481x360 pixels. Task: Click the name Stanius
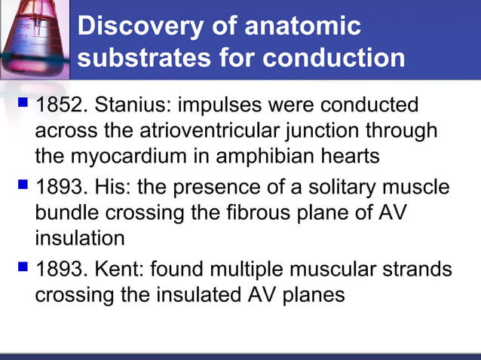[136, 103]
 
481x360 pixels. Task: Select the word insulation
[80, 239]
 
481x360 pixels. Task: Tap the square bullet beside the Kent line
[22, 266]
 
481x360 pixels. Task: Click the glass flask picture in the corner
[35, 38]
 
